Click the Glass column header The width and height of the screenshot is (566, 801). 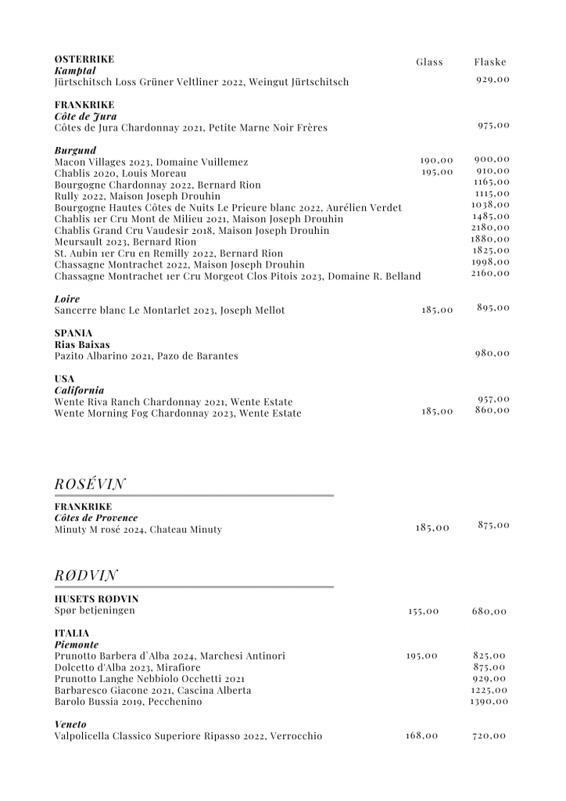429,62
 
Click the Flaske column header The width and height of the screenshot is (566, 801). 490,62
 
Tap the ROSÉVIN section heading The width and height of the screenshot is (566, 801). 91,484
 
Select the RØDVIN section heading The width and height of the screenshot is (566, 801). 86,576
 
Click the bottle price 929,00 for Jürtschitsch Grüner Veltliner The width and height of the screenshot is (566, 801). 493,80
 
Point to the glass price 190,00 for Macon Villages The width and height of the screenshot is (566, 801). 436,160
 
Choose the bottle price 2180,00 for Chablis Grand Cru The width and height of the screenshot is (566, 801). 490,227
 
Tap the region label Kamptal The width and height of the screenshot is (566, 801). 74,70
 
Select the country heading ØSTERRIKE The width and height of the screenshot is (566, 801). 84,59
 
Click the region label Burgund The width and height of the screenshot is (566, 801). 76,149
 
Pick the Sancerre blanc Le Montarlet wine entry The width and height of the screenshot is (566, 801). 170,311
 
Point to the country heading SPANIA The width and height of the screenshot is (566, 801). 73,332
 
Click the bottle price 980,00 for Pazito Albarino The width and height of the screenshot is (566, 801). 493,353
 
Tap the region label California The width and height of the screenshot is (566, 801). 79,390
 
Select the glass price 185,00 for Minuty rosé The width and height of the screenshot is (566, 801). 432,528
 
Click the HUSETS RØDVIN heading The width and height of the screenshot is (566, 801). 96,598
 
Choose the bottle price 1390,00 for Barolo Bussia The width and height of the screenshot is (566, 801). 489,702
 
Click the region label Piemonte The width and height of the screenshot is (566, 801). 77,644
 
